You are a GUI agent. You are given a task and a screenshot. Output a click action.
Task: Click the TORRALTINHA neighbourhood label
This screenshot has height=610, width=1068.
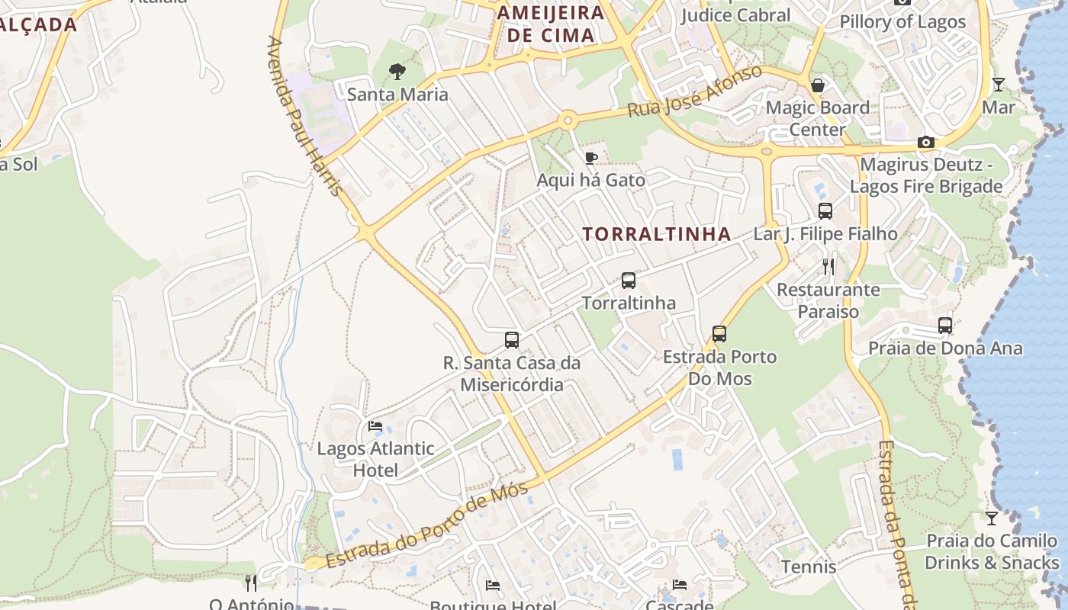pos(657,234)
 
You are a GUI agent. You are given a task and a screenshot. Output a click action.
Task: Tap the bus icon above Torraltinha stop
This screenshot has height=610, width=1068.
pos(628,280)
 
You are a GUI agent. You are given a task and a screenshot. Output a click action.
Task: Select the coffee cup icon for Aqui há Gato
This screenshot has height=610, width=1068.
pos(590,158)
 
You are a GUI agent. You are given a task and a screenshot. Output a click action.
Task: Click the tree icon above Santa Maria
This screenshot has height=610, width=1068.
pos(397,72)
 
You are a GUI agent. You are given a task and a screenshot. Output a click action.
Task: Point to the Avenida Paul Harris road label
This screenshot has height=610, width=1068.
pos(304,115)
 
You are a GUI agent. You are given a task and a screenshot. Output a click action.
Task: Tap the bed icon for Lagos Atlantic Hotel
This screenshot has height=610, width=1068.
pos(375,425)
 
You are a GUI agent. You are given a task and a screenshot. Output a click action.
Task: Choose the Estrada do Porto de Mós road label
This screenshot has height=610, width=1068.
pos(426,526)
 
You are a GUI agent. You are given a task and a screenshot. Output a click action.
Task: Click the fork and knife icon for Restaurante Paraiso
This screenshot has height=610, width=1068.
pos(828,266)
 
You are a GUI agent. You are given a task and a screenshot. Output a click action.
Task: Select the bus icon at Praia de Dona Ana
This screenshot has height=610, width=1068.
pos(945,326)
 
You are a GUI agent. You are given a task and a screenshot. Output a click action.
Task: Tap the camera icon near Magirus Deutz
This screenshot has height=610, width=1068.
pos(926,142)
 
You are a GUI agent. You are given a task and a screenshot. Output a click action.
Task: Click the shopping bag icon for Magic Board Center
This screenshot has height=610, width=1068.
pos(818,85)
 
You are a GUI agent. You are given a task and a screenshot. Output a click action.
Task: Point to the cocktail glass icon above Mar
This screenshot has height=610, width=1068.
pos(999,84)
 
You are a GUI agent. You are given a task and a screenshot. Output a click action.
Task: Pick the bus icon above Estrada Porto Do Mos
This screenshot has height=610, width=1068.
pos(719,333)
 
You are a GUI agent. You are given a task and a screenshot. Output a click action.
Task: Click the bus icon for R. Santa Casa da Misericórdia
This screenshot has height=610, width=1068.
pos(512,339)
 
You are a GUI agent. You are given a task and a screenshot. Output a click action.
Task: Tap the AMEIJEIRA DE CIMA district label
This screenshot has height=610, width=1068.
pos(550,24)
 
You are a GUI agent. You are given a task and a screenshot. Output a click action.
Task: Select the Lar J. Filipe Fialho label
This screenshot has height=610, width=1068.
pos(825,234)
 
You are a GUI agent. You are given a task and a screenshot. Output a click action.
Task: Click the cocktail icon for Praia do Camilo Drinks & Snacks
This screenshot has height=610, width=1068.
pos(991,518)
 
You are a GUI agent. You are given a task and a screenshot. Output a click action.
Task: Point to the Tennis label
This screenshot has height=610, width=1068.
pos(809,567)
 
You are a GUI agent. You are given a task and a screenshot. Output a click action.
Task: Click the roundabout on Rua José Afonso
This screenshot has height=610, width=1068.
pos(567,120)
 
